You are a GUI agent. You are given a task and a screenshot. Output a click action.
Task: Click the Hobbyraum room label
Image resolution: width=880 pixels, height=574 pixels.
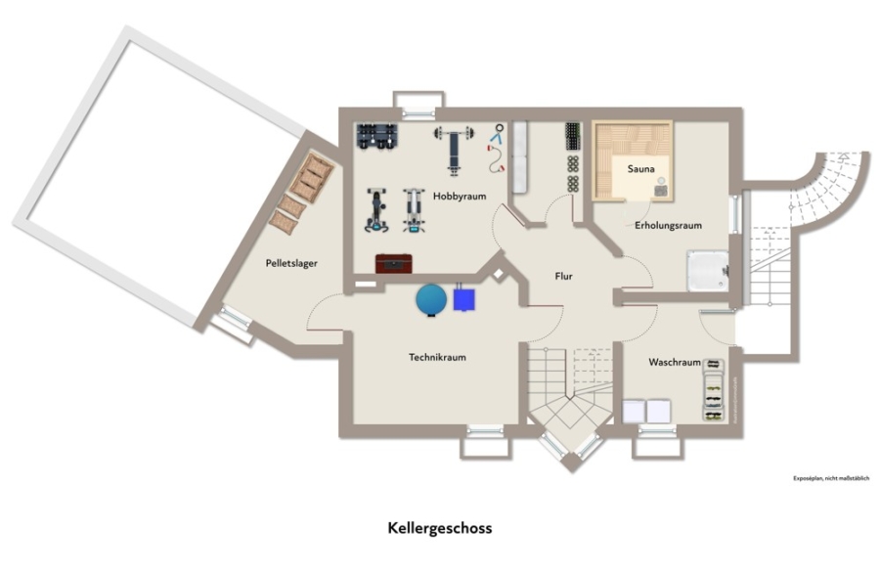coord(460,197)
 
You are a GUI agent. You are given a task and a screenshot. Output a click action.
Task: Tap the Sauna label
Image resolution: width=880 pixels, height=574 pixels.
coord(640,169)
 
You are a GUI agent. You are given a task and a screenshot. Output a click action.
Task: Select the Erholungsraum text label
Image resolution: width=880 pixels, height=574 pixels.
coord(668,226)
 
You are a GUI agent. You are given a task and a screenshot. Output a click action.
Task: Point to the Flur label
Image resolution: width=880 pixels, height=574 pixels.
coord(563,277)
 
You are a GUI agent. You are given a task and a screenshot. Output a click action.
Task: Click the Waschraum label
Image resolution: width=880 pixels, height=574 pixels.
coord(675,362)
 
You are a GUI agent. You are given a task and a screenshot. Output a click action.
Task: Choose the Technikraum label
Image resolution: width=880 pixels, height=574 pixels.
coord(437,357)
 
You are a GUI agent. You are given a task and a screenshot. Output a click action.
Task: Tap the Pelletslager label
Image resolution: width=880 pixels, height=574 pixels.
coord(291,263)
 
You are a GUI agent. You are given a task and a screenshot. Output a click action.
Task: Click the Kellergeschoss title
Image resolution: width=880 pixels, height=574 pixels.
coord(440,528)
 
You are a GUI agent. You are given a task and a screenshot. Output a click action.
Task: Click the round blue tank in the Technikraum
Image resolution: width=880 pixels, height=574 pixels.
coord(430,299)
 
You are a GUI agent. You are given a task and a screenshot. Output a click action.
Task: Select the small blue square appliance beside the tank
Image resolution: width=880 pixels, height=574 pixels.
coord(465,297)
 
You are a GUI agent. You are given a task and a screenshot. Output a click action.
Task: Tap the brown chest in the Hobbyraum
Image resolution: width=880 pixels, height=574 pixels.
coord(393,264)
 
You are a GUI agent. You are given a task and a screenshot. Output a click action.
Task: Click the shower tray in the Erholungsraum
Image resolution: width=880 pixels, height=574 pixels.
coord(707,270)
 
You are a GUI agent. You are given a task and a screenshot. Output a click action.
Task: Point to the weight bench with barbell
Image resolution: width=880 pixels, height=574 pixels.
coord(455,145)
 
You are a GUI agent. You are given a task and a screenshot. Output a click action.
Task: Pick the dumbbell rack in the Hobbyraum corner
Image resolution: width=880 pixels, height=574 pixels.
coord(377,136)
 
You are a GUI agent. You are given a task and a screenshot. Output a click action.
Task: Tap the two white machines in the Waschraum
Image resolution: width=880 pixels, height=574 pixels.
coord(646,412)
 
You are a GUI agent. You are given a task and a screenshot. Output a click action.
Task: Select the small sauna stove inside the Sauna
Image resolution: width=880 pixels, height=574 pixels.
coord(663,190)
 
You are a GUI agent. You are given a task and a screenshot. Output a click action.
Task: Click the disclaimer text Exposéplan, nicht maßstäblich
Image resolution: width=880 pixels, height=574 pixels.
coord(831,479)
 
